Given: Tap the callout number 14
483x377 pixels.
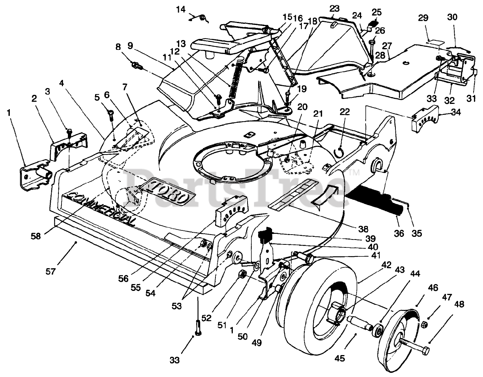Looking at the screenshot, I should (x=182, y=9).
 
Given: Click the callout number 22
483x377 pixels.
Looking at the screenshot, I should (x=345, y=112).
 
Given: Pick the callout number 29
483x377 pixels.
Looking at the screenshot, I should (x=423, y=17).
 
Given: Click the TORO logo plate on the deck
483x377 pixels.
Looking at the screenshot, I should (x=167, y=193).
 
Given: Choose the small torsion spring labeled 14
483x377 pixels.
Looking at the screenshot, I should (x=202, y=17).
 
